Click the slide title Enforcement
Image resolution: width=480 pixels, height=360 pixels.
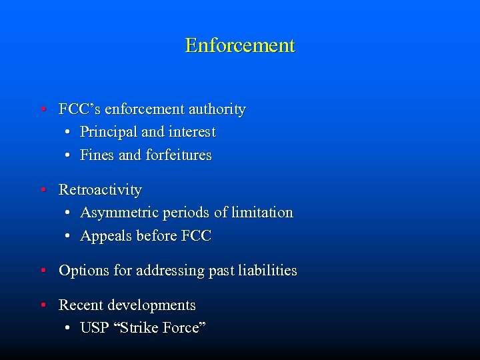point(240,45)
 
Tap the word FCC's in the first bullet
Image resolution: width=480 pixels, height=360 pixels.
point(79,109)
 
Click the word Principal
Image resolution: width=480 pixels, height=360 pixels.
point(105,132)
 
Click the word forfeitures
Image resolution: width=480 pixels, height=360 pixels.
point(178,155)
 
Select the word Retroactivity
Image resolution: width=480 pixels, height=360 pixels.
point(100,190)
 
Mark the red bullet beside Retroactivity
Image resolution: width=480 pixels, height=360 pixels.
point(42,190)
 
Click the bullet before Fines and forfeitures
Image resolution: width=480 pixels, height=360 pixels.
point(69,155)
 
